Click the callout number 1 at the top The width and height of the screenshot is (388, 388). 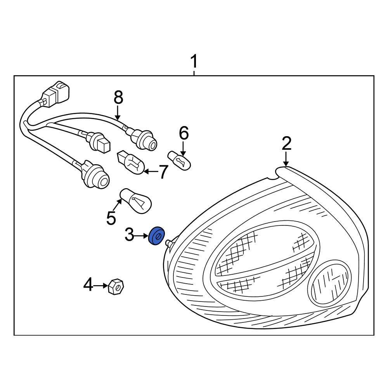pyautogui.click(x=194, y=62)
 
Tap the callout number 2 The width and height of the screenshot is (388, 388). pyautogui.click(x=286, y=144)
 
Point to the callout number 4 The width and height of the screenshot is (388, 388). pyautogui.click(x=88, y=286)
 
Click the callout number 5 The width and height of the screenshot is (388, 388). pyautogui.click(x=111, y=218)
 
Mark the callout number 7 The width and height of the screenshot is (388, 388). pyautogui.click(x=163, y=172)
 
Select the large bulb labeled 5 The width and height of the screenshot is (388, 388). pyautogui.click(x=137, y=201)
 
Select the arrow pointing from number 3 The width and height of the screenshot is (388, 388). pyautogui.click(x=142, y=235)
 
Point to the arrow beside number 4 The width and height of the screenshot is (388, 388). pyautogui.click(x=101, y=286)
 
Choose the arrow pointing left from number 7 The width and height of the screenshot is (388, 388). pyautogui.click(x=151, y=171)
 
